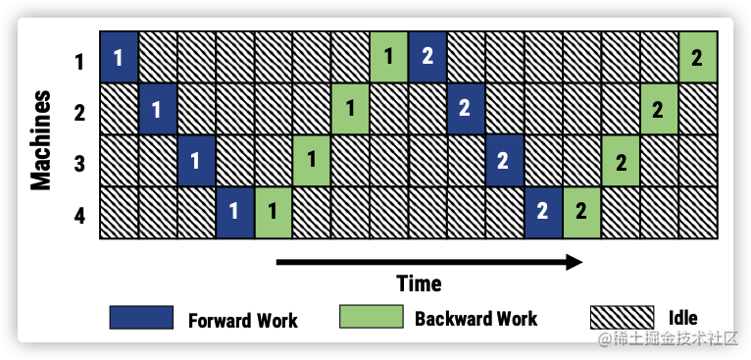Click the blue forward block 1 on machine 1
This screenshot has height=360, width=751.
[118, 57]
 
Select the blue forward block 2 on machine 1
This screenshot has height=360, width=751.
[427, 57]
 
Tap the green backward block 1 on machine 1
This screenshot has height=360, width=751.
[388, 57]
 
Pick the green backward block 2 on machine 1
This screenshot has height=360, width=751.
[697, 57]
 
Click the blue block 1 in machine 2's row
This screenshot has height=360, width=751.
[157, 109]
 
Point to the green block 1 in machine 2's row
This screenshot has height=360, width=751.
[350, 109]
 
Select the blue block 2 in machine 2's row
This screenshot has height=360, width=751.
[466, 109]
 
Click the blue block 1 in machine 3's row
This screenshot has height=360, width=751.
[195, 161]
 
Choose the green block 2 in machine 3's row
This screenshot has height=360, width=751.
[620, 161]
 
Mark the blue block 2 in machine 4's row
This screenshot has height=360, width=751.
[542, 212]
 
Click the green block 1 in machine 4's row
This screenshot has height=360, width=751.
[273, 212]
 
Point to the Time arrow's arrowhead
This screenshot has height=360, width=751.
[575, 262]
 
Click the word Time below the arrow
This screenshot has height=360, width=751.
[419, 284]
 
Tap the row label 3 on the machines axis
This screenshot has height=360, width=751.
[79, 162]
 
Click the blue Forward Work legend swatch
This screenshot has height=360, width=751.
[141, 318]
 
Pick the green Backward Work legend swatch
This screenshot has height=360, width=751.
[371, 318]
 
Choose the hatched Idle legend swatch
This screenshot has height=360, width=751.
[621, 318]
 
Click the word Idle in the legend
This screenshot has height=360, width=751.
[682, 318]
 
